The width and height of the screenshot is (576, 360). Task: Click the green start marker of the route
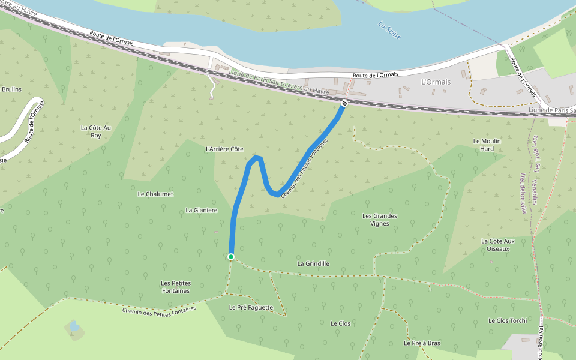tap(230, 257)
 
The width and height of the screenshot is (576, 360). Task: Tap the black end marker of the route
tap(344, 103)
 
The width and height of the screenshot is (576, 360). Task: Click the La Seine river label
tap(389, 31)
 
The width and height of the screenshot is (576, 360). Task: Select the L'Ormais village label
tap(436, 82)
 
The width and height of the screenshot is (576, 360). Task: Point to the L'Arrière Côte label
tap(224, 149)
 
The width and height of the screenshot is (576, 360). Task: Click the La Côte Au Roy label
tap(96, 131)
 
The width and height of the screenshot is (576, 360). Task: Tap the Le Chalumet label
tap(155, 194)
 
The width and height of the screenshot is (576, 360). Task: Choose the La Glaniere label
tap(201, 210)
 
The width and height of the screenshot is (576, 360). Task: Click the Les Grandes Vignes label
tap(380, 220)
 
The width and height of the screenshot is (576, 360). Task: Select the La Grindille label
tap(313, 263)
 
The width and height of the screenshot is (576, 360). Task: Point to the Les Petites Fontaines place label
tap(175, 287)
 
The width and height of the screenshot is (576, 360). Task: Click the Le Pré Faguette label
tap(251, 307)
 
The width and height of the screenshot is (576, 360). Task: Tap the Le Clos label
tap(340, 323)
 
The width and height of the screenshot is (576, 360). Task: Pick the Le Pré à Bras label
tap(422, 343)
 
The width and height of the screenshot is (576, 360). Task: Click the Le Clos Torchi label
tap(508, 320)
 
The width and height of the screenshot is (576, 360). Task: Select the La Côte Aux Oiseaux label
tap(499, 245)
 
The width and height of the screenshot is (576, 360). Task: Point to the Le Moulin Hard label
tap(487, 145)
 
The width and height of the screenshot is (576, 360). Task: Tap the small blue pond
tap(73, 326)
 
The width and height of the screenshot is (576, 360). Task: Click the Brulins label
tap(11, 89)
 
